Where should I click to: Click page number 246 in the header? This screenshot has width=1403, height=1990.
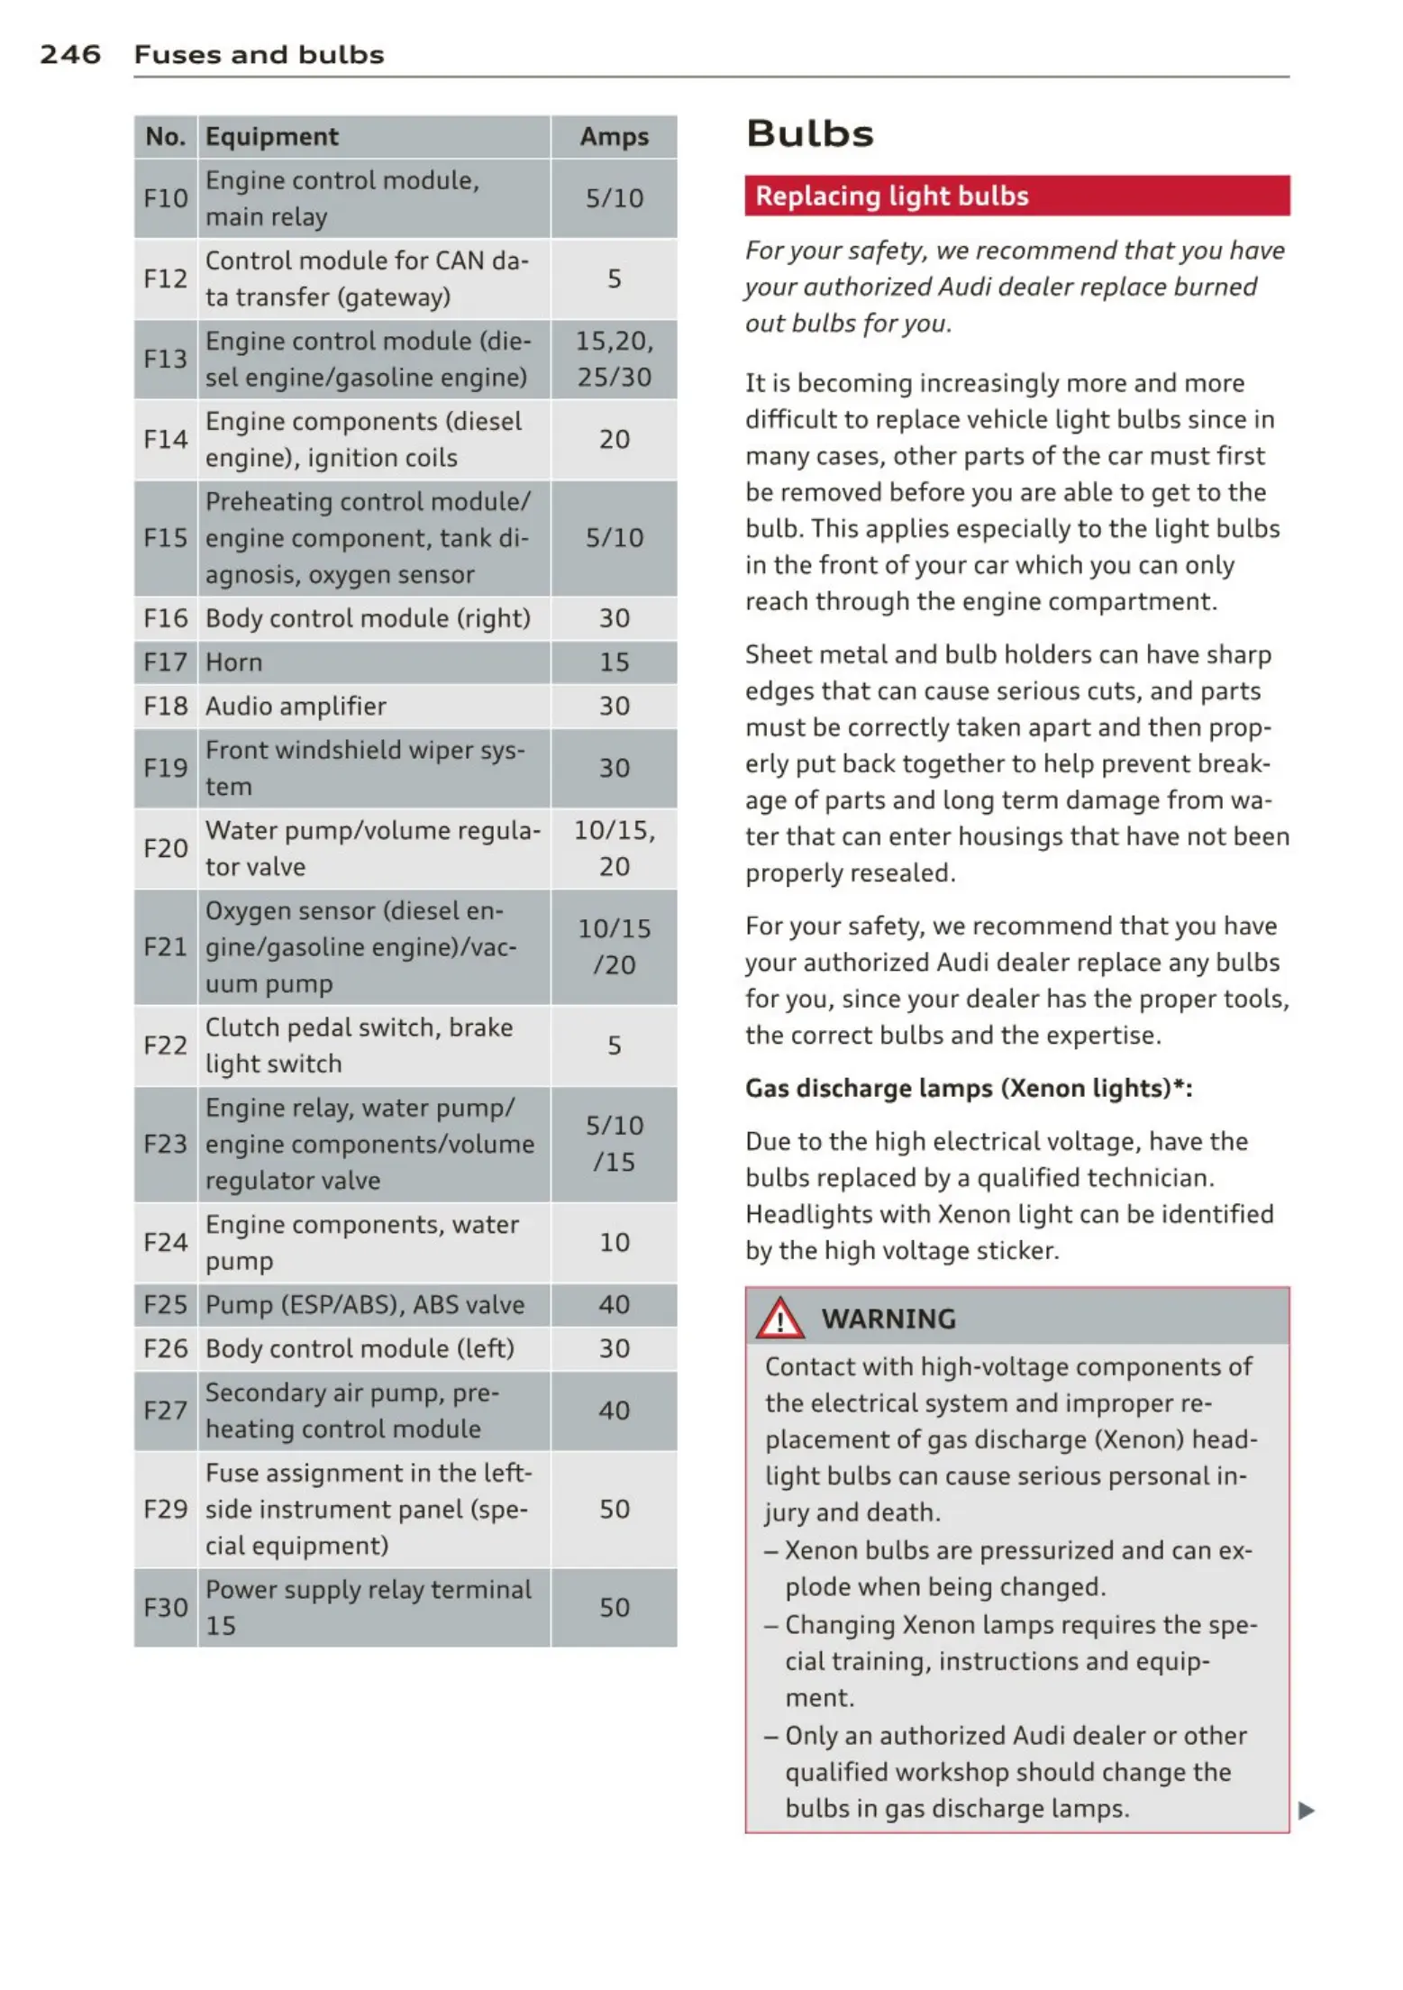click(x=70, y=55)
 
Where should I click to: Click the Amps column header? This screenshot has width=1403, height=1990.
click(x=614, y=137)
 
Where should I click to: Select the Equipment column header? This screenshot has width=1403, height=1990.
click(x=272, y=137)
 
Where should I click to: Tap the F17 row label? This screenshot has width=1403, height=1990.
click(x=166, y=662)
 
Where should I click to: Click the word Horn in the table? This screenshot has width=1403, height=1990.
click(x=234, y=662)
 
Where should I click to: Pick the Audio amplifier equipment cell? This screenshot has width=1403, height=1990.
click(x=296, y=707)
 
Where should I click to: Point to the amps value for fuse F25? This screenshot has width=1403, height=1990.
click(x=614, y=1305)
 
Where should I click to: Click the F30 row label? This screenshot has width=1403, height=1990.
click(x=166, y=1608)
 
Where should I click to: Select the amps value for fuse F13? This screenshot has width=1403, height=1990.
click(x=614, y=360)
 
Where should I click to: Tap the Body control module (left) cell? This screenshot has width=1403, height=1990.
click(x=360, y=1349)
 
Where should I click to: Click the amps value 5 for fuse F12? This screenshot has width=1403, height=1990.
click(x=614, y=279)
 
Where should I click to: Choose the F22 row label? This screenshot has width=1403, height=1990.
click(x=166, y=1045)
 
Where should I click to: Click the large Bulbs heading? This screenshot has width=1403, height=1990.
click(x=810, y=134)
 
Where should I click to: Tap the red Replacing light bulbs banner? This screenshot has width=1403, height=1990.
click(x=1016, y=196)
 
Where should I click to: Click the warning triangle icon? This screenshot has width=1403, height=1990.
click(x=779, y=1319)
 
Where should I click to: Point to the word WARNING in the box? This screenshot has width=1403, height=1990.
click(x=888, y=1319)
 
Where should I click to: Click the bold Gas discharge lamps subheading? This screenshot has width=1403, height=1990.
click(x=969, y=1089)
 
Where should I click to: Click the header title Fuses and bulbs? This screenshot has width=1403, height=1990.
click(x=259, y=55)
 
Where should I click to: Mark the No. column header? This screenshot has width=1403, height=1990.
click(x=166, y=137)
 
